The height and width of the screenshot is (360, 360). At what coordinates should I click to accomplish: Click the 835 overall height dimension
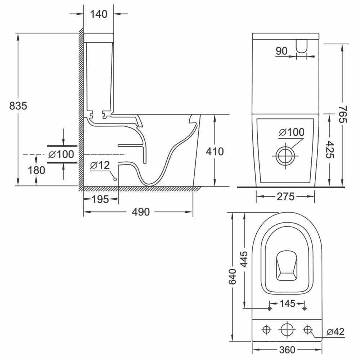[18, 106]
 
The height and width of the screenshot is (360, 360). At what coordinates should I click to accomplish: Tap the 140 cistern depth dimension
[99, 14]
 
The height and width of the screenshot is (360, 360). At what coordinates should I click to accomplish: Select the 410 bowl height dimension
[215, 152]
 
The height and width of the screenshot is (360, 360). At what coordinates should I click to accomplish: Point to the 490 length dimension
[141, 212]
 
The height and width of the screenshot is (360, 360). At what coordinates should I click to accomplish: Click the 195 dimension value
[100, 199]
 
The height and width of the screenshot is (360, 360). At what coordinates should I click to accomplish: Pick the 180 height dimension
[36, 170]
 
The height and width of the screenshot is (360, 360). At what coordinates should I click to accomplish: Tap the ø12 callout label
[100, 165]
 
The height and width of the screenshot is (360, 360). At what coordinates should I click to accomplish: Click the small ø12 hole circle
[115, 180]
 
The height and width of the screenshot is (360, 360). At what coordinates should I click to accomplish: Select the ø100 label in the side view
[61, 154]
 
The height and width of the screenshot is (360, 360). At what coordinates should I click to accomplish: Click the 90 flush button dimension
[282, 51]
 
